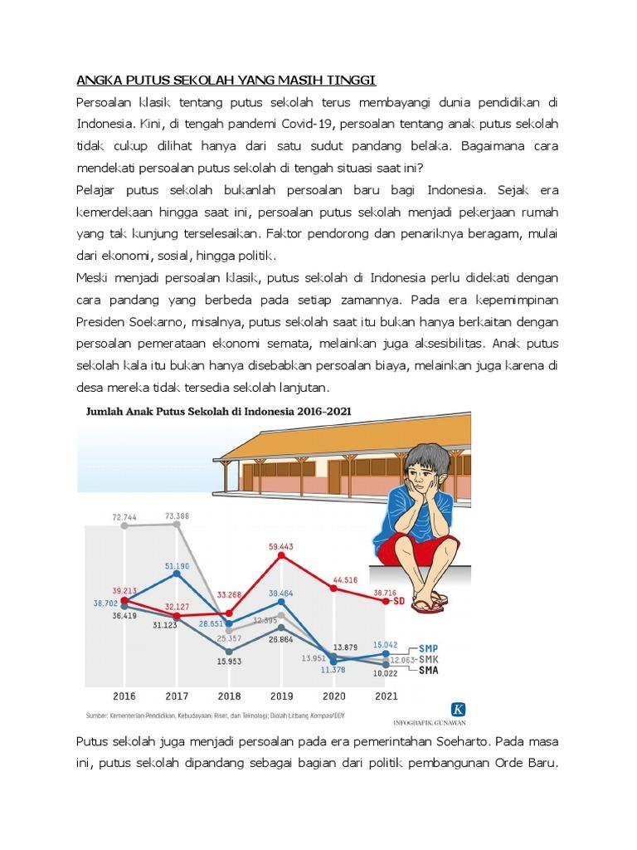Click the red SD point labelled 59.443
point(281,555)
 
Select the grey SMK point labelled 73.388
point(177,524)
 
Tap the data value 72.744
point(124,516)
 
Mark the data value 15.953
point(229,661)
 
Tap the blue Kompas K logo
point(458,709)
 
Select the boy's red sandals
point(430,605)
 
